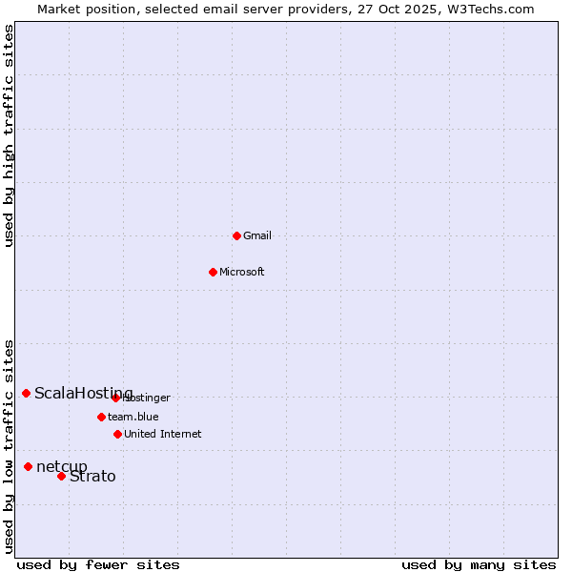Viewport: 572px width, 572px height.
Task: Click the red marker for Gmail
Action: pyautogui.click(x=237, y=235)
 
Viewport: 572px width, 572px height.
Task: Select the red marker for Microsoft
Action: pyautogui.click(x=214, y=272)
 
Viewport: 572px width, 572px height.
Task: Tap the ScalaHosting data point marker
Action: pyautogui.click(x=27, y=393)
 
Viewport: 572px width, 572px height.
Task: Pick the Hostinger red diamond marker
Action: pyautogui.click(x=116, y=398)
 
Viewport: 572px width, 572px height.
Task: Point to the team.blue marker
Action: pyautogui.click(x=101, y=417)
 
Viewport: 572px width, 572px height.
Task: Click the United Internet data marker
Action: pyautogui.click(x=118, y=434)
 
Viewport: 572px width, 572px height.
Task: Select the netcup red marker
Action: pyautogui.click(x=29, y=466)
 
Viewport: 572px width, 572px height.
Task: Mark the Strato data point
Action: pyautogui.click(x=62, y=476)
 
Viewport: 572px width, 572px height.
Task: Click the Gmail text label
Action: pyautogui.click(x=257, y=235)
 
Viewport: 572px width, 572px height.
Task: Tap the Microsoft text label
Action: pyautogui.click(x=242, y=272)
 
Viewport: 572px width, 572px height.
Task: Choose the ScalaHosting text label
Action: pyautogui.click(x=84, y=394)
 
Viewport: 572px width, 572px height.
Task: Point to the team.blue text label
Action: pyautogui.click(x=133, y=417)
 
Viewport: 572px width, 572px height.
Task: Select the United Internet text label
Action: pyautogui.click(x=163, y=434)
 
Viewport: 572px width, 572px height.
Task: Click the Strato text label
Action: pyautogui.click(x=92, y=477)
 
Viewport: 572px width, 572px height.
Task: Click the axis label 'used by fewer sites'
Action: pyautogui.click(x=98, y=564)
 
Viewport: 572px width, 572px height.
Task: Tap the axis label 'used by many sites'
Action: pyautogui.click(x=479, y=564)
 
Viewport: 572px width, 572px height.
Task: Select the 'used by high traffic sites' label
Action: pyautogui.click(x=10, y=135)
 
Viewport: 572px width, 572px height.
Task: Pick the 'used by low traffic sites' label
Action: pyautogui.click(x=10, y=446)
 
